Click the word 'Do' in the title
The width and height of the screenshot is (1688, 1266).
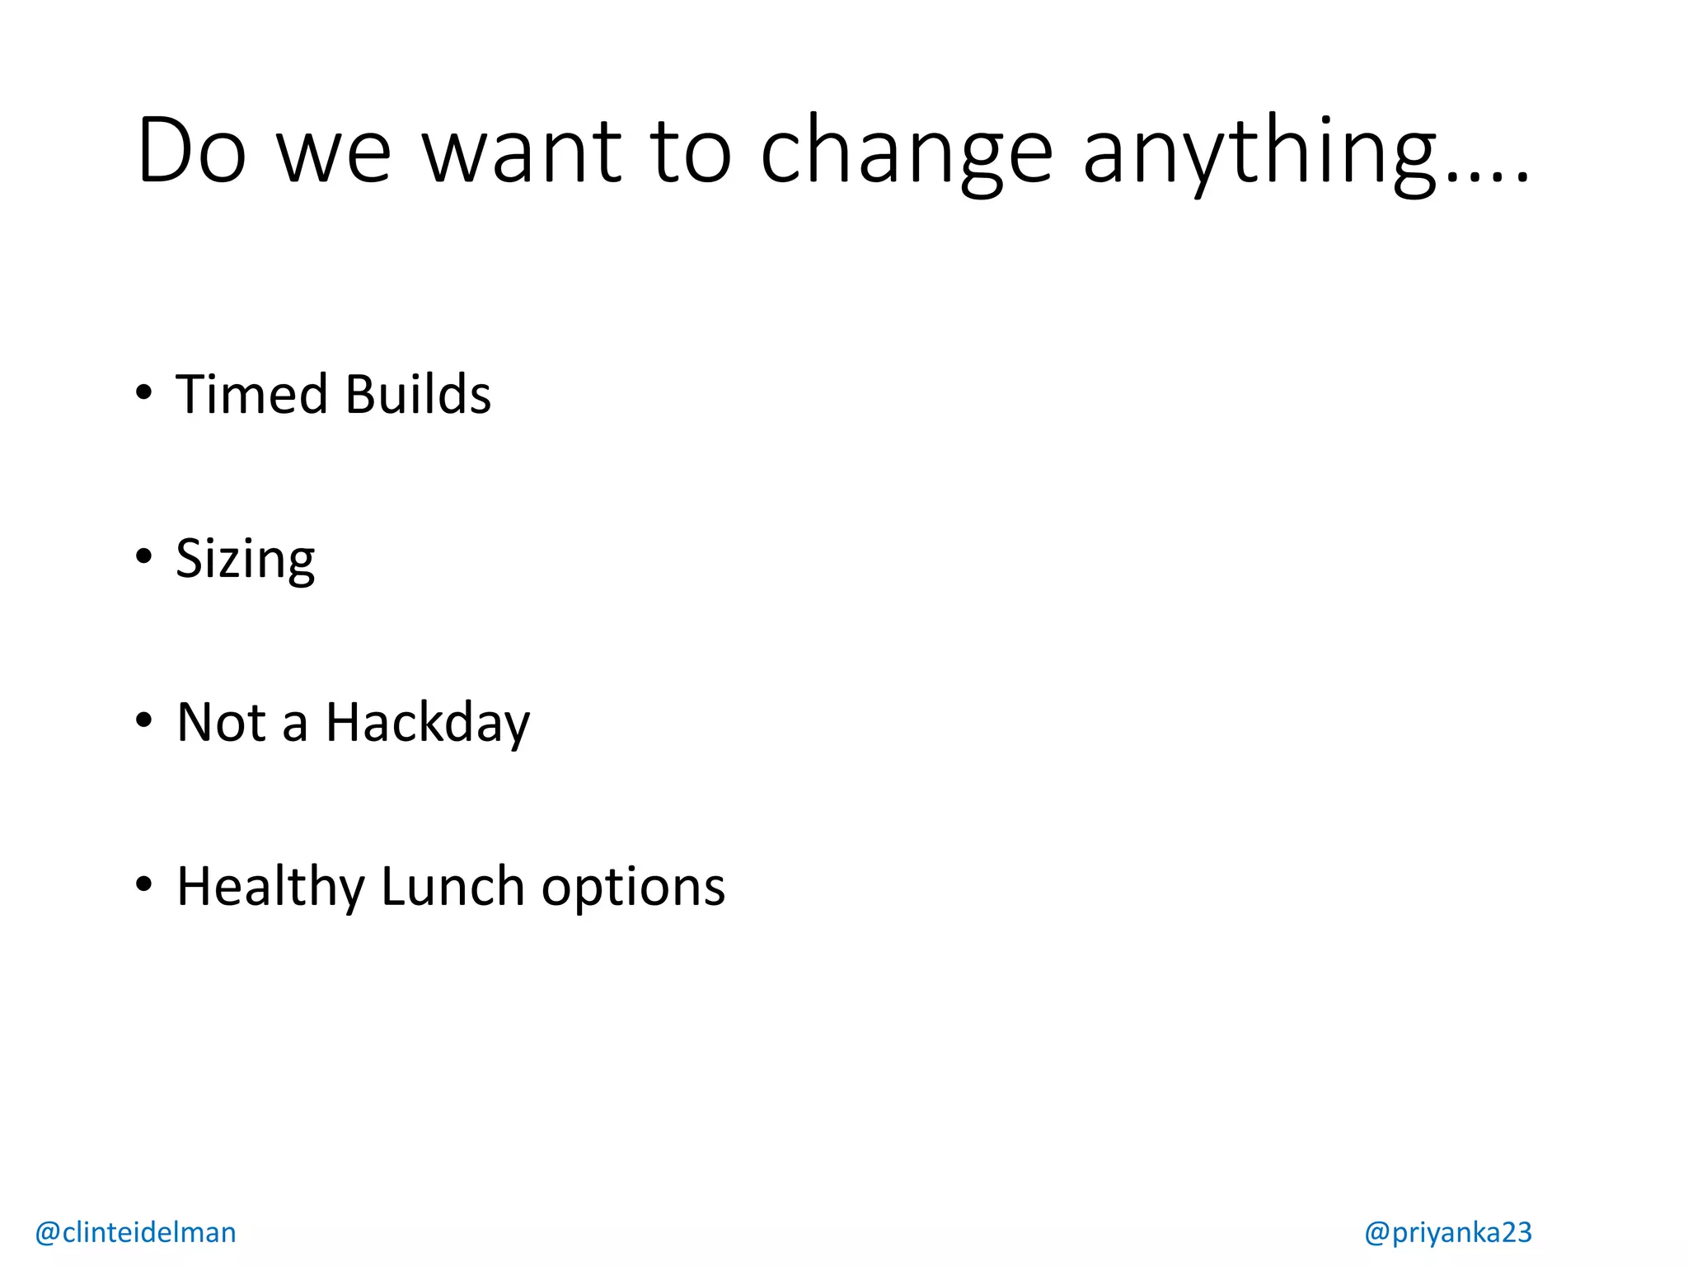tap(191, 151)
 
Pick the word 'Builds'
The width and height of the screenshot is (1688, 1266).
tap(419, 394)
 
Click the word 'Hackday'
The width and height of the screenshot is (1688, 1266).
tap(428, 723)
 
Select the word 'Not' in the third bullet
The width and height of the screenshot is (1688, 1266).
tap(221, 723)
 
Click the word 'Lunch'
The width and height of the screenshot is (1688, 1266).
tap(452, 888)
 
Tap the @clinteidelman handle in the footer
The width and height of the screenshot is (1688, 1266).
tap(136, 1232)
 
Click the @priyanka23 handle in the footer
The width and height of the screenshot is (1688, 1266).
tap(1447, 1232)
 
